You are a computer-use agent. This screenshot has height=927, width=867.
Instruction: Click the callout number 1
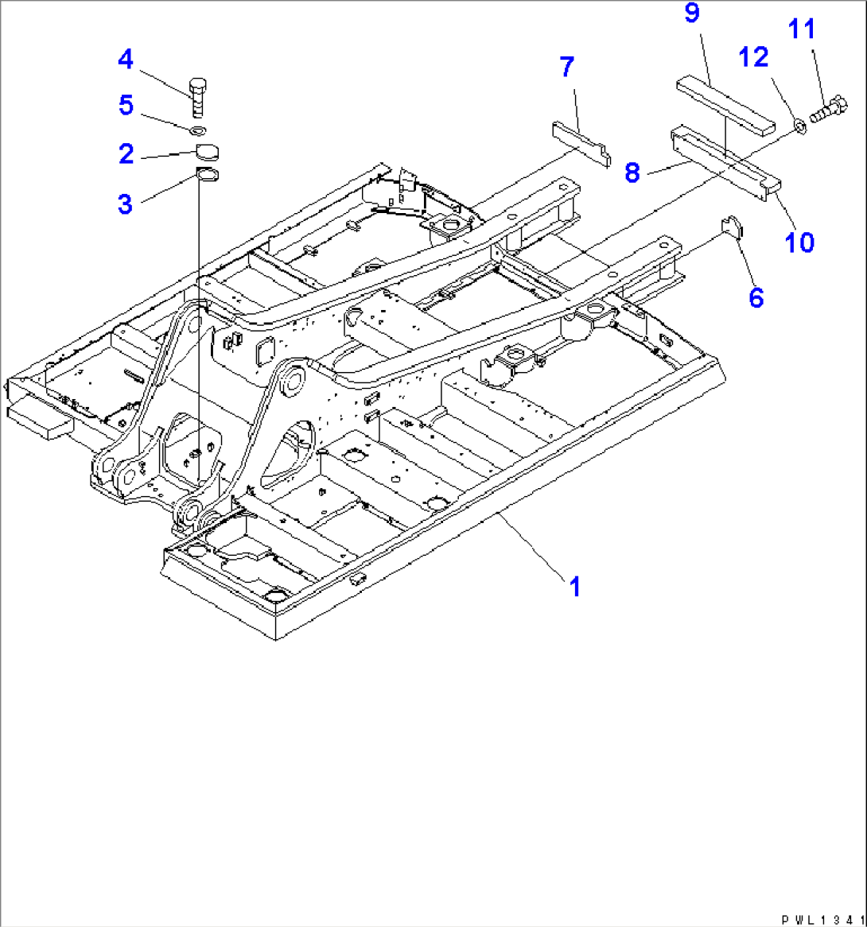[x=574, y=587]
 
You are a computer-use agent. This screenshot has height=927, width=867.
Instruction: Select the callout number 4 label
[x=126, y=60]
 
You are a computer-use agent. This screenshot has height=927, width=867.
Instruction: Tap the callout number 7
[x=566, y=67]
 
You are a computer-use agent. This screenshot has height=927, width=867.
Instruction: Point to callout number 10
[x=799, y=241]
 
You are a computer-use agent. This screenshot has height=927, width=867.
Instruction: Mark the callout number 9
[x=692, y=14]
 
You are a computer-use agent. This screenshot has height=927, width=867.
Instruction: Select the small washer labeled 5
[x=199, y=130]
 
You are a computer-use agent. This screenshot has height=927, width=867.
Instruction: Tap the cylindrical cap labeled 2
[x=207, y=153]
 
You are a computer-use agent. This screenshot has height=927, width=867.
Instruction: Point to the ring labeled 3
[x=206, y=175]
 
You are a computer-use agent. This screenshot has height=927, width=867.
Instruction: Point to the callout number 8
[x=633, y=173]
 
